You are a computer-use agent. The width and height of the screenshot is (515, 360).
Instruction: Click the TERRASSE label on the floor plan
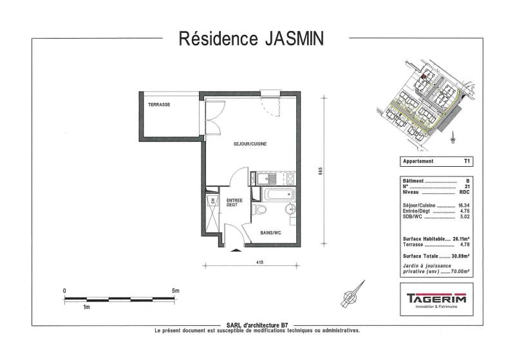pos(159,105)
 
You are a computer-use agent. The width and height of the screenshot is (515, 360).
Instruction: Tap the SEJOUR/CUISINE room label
pos(250,144)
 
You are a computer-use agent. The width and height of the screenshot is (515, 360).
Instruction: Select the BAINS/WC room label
pos(270,233)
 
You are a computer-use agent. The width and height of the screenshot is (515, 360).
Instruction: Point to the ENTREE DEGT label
pos(234,202)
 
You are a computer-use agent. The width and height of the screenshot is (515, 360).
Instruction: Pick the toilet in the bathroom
pos(260,209)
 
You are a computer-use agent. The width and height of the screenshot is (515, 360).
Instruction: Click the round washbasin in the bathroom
pos(290,209)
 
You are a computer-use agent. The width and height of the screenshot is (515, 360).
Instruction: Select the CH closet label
pos(213,200)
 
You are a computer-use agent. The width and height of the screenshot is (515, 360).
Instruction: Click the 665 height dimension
pos(321,171)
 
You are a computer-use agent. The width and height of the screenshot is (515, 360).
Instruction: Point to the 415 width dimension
pos(260,263)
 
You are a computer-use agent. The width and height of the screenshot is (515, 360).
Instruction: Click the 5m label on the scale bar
pos(175,290)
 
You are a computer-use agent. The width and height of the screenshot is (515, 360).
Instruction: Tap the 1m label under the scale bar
pos(86,307)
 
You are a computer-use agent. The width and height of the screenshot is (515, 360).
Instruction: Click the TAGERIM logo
pos(436,299)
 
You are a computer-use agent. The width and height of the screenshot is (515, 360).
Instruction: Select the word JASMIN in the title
pos(294,39)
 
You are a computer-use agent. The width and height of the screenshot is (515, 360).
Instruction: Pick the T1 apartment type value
pos(467,161)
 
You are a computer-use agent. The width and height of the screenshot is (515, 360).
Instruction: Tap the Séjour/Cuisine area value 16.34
pos(464,205)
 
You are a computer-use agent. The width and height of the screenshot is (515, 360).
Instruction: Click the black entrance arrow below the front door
pos(236,251)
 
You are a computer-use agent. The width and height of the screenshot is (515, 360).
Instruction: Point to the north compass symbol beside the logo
pos(353,295)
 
